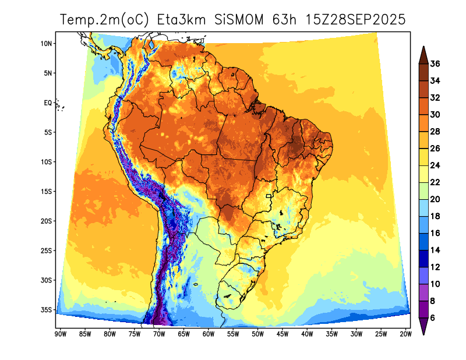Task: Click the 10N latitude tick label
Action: (x=47, y=44)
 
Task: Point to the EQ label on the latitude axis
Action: (x=48, y=103)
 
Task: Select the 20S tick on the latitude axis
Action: (x=47, y=221)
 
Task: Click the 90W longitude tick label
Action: (x=59, y=334)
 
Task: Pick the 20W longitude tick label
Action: (x=406, y=334)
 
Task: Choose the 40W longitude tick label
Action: (x=307, y=334)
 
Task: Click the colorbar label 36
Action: (x=435, y=63)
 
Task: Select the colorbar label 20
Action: (x=435, y=199)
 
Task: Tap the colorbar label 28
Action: (x=435, y=132)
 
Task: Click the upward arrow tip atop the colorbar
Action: (x=424, y=47)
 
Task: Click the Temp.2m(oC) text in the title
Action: (x=105, y=20)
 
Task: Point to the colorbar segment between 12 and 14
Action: (x=424, y=258)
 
